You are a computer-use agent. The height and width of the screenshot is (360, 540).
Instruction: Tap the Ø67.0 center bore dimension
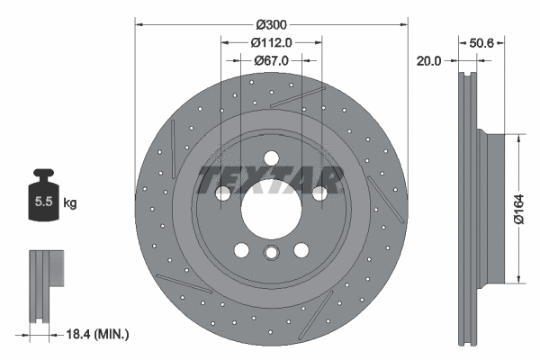(x=270, y=61)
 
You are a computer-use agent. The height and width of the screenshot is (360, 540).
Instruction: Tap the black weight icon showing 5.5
(x=42, y=198)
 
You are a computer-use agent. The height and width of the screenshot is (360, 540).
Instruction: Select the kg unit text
(x=70, y=203)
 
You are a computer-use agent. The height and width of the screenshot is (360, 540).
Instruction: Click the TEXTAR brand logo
(x=270, y=179)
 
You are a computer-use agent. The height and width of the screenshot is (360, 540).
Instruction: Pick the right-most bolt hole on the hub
(x=319, y=192)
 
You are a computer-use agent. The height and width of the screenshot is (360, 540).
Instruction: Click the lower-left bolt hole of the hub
(x=240, y=251)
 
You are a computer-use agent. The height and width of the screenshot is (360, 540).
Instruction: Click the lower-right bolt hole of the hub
(x=301, y=251)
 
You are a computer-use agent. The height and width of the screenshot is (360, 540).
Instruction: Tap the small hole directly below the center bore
(x=270, y=255)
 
